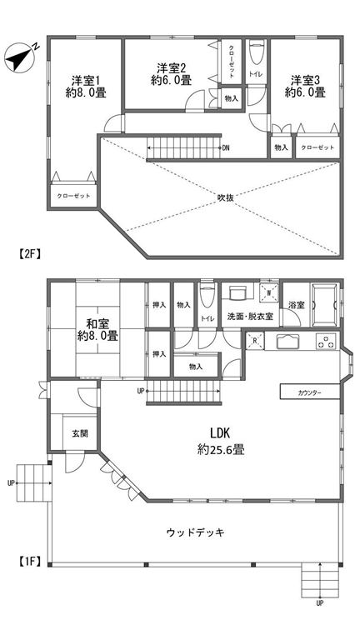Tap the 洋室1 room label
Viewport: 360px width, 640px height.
point(86,80)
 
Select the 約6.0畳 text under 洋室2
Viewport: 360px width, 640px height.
point(172,80)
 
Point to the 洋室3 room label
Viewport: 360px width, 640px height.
point(305,80)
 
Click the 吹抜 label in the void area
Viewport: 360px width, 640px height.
point(225,197)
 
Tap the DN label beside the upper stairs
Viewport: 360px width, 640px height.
point(226,148)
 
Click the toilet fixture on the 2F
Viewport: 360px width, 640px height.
point(257,54)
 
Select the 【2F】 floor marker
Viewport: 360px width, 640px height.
point(29,254)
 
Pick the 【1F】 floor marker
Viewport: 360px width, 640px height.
point(29,561)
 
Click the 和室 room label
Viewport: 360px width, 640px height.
point(97,324)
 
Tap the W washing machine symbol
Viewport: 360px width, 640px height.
point(268,293)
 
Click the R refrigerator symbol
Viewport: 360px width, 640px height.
point(255,341)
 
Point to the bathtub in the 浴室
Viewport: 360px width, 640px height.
point(324,304)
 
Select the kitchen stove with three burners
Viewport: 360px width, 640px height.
point(326,341)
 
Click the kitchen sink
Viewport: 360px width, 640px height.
point(288,341)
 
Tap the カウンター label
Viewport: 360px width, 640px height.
point(310,393)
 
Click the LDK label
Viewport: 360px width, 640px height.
point(221,433)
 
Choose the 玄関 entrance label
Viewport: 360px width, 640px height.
point(80,433)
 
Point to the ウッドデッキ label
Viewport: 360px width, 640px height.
point(196,532)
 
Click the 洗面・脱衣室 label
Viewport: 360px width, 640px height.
point(250,317)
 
